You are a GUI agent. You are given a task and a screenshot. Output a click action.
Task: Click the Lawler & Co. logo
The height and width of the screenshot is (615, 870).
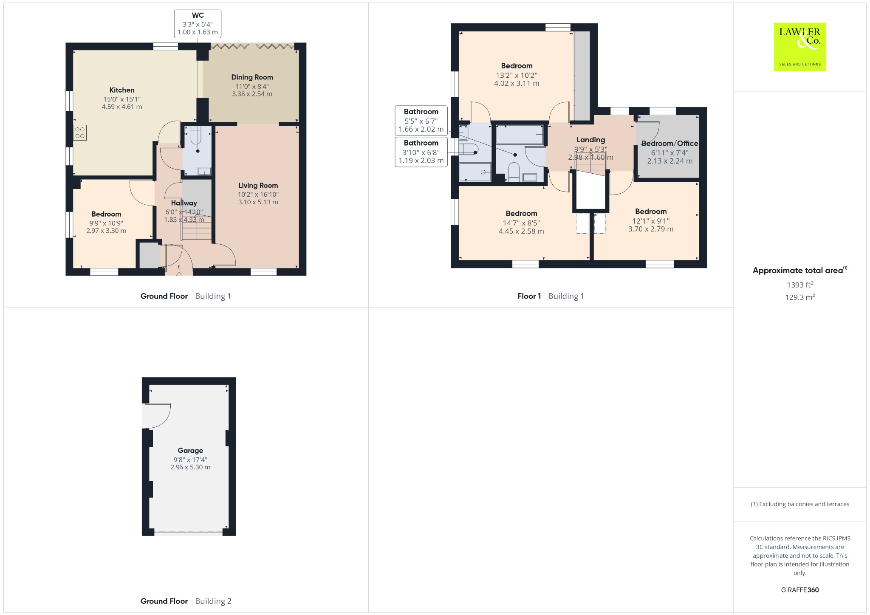coord(799,47)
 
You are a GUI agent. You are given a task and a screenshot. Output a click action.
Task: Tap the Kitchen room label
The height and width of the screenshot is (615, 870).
coord(122,90)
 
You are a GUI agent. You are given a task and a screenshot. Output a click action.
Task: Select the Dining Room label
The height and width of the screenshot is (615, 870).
coord(252,77)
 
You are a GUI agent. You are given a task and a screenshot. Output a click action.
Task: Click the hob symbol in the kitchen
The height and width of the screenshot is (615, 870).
coord(80,133)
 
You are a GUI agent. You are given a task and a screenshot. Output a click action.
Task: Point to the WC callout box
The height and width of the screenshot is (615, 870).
coord(198,24)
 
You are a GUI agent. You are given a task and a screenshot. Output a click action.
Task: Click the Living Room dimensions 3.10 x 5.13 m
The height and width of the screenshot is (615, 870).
coord(258,202)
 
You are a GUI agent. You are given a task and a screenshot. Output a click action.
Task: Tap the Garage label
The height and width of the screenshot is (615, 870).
coord(190,451)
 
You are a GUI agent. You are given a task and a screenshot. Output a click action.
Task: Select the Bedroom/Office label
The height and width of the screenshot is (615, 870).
coord(669,144)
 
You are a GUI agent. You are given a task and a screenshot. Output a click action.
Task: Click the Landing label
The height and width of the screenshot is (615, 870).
coord(590,140)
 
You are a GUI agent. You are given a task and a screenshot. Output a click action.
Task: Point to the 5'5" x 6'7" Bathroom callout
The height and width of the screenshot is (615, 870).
coord(421,120)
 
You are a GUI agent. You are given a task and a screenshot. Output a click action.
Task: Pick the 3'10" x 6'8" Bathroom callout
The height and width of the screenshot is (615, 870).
coord(421,152)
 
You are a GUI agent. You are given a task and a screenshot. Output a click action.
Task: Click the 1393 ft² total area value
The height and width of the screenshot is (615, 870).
coord(800,285)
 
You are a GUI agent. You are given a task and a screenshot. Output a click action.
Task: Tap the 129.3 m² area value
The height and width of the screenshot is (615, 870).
coord(800,297)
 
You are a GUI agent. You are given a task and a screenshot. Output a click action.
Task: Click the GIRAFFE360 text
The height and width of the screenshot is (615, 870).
coord(800,590)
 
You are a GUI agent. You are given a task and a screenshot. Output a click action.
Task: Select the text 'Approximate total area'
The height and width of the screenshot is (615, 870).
coord(797,271)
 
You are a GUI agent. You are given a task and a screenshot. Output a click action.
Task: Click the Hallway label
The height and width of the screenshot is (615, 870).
coord(184,203)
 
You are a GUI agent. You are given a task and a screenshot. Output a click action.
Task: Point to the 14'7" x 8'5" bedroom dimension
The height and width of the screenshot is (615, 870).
coord(521,223)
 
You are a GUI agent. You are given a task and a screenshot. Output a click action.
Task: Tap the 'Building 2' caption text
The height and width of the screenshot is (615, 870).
coord(213,601)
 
